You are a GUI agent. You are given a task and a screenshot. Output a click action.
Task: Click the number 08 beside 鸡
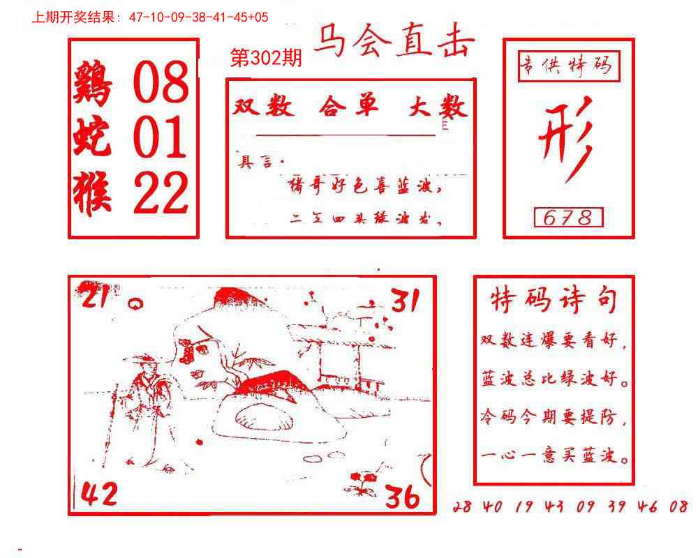click(161, 82)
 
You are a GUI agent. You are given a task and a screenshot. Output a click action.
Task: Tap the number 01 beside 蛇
click(160, 137)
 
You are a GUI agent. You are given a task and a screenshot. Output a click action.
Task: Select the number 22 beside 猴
click(161, 193)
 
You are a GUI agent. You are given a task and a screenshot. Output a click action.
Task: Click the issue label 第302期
click(265, 59)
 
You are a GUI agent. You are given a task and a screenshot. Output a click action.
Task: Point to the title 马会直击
click(394, 43)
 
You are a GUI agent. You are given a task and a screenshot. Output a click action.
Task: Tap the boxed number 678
click(568, 218)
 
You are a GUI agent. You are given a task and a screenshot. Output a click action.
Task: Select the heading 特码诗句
click(554, 301)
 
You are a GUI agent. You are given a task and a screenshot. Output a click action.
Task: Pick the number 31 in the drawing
click(404, 301)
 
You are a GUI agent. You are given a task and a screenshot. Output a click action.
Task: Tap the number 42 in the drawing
click(99, 495)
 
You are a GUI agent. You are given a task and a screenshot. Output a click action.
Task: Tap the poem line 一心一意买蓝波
click(555, 457)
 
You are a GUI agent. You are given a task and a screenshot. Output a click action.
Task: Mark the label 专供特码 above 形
click(565, 66)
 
